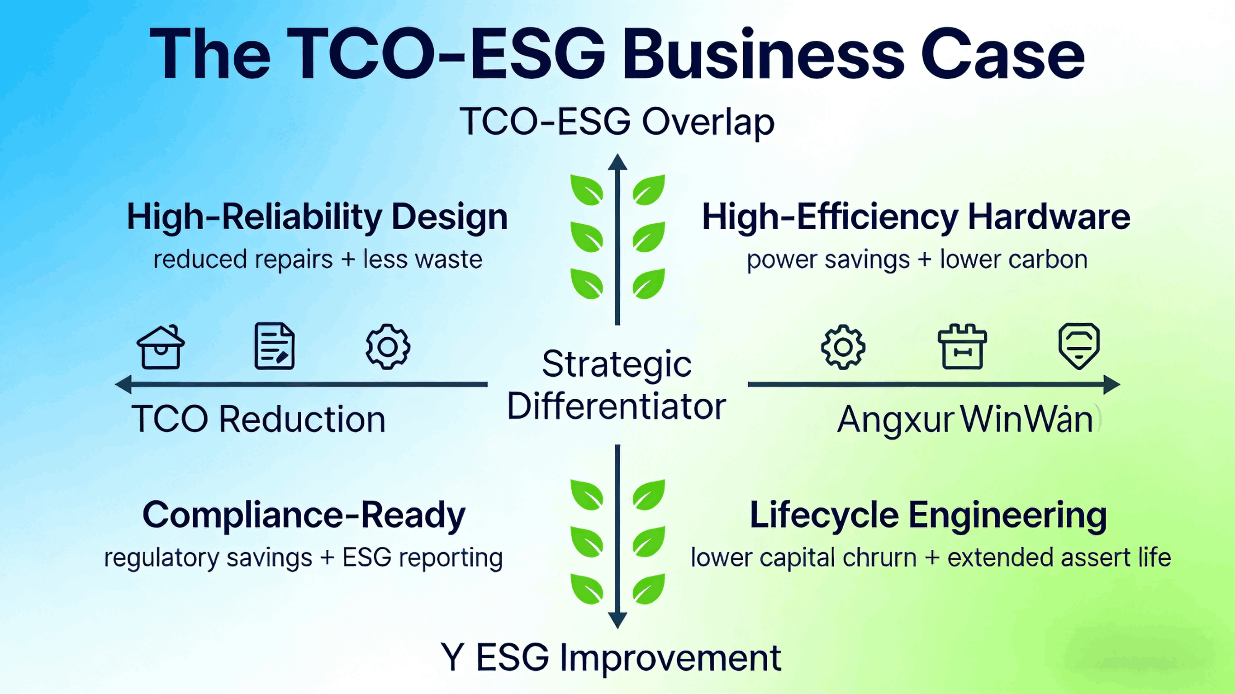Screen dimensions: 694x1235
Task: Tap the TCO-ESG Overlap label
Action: click(617, 122)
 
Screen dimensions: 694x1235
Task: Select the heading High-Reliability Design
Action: click(317, 217)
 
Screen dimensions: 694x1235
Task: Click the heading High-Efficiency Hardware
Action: click(916, 217)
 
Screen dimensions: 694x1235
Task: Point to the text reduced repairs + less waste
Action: click(318, 260)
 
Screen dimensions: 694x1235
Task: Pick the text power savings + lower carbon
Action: click(917, 260)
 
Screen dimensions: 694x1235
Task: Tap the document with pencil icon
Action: click(274, 346)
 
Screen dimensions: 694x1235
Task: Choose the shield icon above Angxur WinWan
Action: click(1079, 345)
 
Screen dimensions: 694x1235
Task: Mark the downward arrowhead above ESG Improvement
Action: click(617, 620)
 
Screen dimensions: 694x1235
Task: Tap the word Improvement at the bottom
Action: click(670, 658)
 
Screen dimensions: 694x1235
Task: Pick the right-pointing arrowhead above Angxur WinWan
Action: click(1111, 384)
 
